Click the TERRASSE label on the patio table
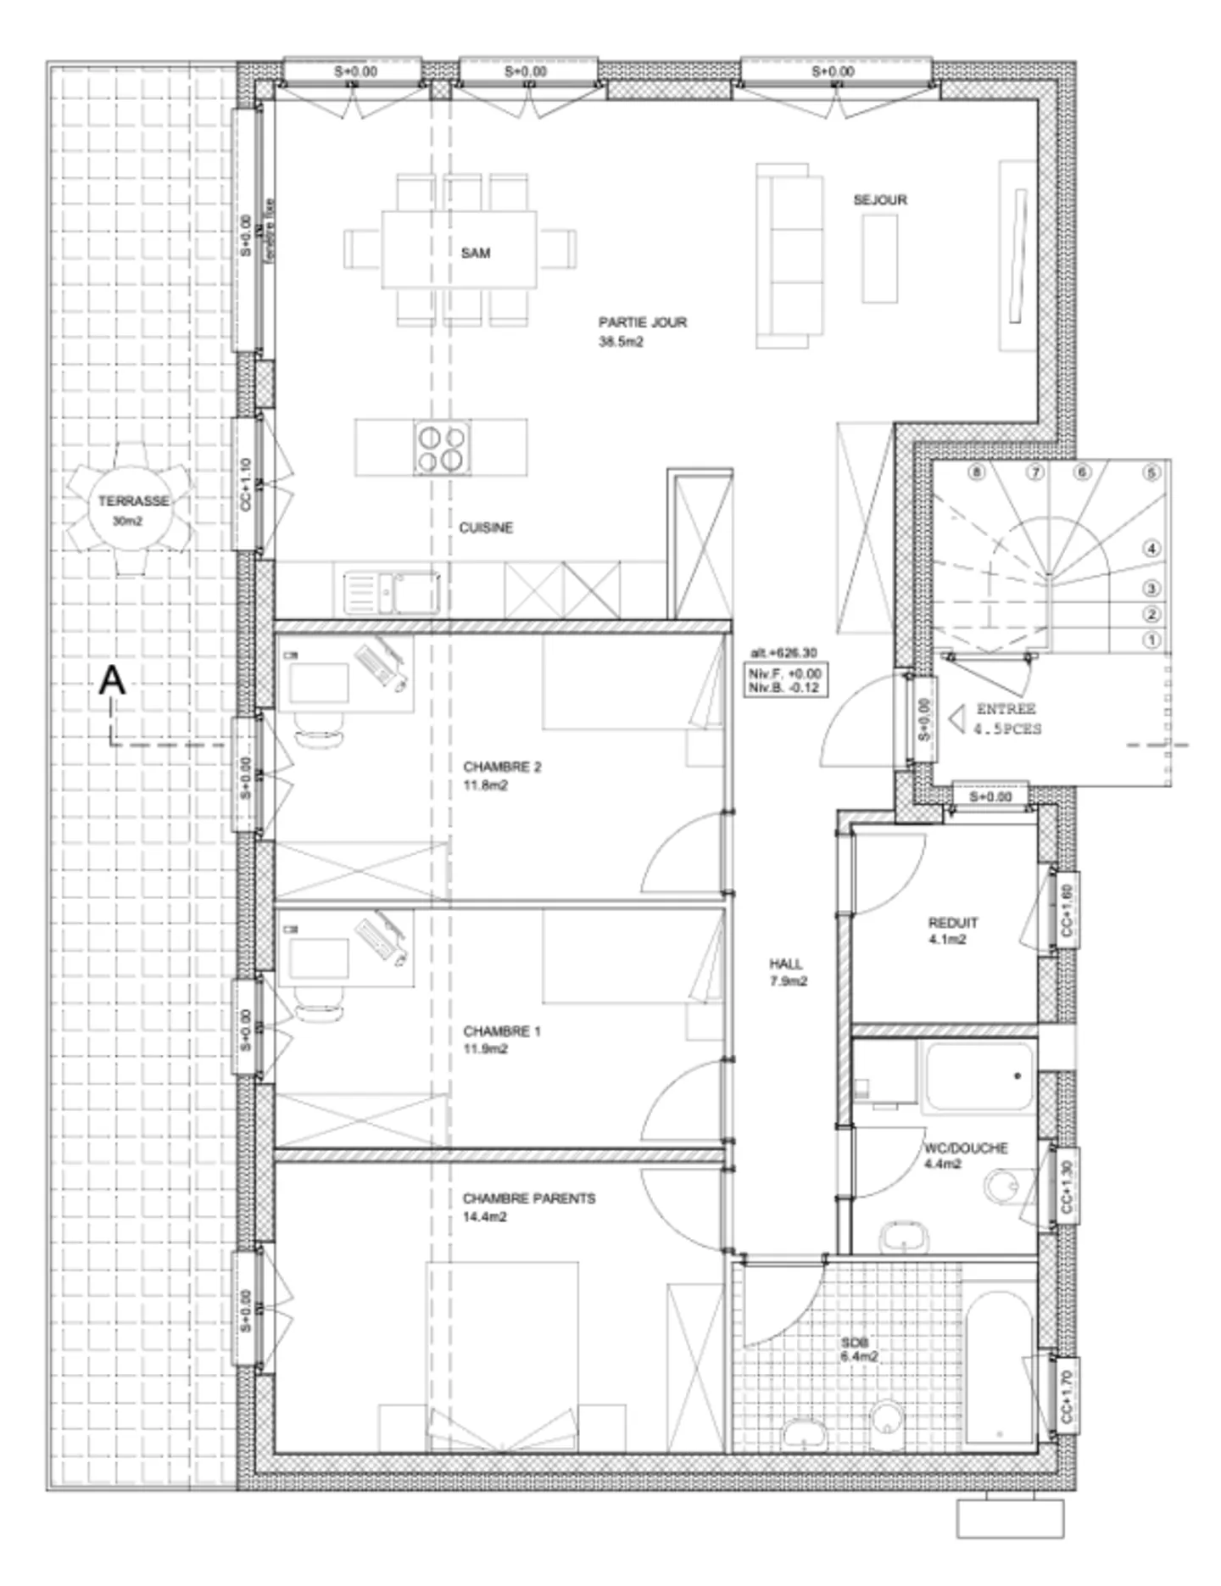133,501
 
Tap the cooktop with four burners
442,447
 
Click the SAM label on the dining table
475,253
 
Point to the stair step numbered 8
977,472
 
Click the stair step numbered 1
1151,641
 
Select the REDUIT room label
952,923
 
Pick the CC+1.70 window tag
1067,1401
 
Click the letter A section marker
112,681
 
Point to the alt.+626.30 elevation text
783,653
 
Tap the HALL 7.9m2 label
787,973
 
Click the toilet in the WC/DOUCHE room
1005,1186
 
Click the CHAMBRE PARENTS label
528,1198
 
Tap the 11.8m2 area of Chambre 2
485,786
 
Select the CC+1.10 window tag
246,483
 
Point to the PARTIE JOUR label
642,322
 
